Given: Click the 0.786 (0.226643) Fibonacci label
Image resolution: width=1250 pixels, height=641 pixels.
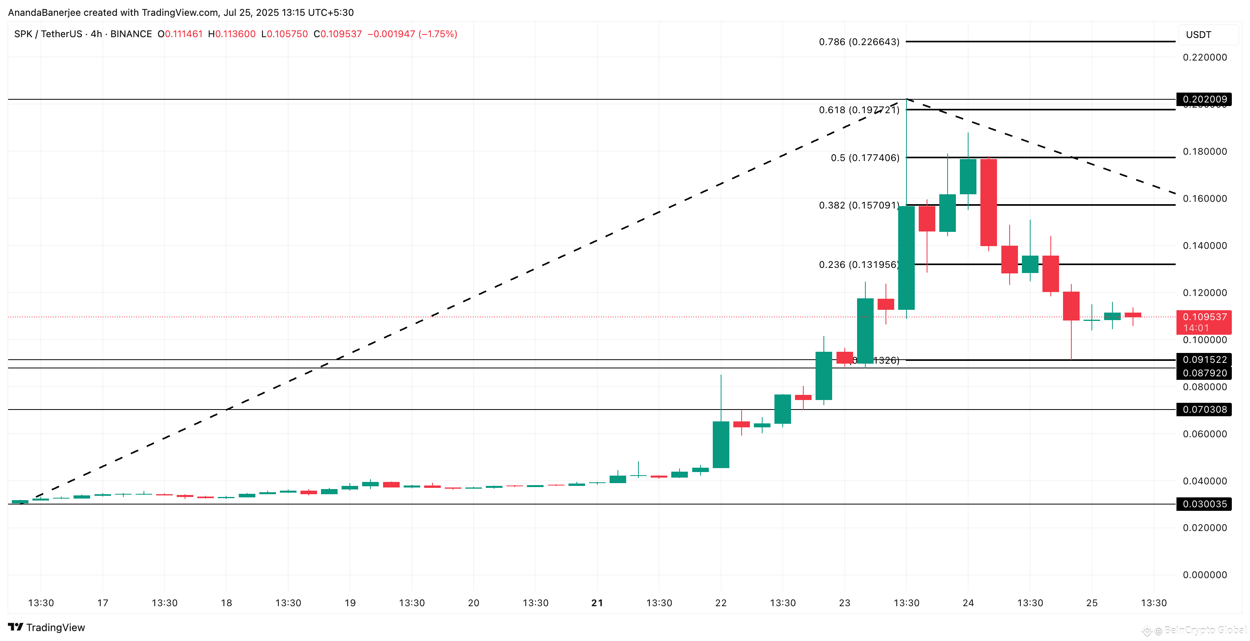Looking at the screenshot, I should pyautogui.click(x=859, y=42).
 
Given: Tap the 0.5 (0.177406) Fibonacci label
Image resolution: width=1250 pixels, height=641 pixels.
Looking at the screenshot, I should pyautogui.click(x=865, y=158).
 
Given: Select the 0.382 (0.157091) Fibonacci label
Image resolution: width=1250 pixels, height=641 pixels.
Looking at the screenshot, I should pyautogui.click(x=859, y=205).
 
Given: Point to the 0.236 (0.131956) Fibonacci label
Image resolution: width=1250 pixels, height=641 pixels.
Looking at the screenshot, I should pyautogui.click(x=859, y=265).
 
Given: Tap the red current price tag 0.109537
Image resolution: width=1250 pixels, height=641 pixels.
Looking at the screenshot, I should pyautogui.click(x=1205, y=317).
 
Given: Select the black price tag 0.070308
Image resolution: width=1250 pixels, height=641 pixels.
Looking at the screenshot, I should pyautogui.click(x=1205, y=410).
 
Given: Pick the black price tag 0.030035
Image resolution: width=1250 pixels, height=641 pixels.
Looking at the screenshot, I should pyautogui.click(x=1205, y=504).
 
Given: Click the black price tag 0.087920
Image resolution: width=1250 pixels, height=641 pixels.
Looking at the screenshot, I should pyautogui.click(x=1205, y=373).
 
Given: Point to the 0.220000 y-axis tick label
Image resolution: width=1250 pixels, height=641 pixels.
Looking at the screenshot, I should pyautogui.click(x=1205, y=57).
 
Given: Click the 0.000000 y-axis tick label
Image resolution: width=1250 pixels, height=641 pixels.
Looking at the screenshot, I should pyautogui.click(x=1205, y=575).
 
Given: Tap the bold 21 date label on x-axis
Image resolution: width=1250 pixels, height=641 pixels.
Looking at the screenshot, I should pyautogui.click(x=597, y=603).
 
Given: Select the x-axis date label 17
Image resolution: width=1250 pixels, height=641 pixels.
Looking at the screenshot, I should pyautogui.click(x=102, y=603).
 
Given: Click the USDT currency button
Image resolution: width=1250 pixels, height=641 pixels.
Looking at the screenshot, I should pyautogui.click(x=1199, y=35).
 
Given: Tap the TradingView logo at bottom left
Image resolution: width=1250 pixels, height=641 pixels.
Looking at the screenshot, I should pyautogui.click(x=47, y=628).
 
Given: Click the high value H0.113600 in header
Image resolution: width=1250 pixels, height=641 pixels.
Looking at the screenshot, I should pyautogui.click(x=232, y=34).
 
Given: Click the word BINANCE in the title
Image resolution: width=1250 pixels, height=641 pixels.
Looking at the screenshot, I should pyautogui.click(x=131, y=34).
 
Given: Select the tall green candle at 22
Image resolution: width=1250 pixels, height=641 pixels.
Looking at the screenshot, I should pyautogui.click(x=721, y=444).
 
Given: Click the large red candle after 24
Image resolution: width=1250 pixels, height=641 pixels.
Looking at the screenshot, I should pyautogui.click(x=988, y=203).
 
